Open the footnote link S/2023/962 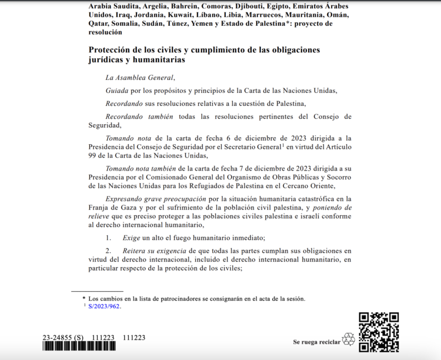104,306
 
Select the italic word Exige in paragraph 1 131,238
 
